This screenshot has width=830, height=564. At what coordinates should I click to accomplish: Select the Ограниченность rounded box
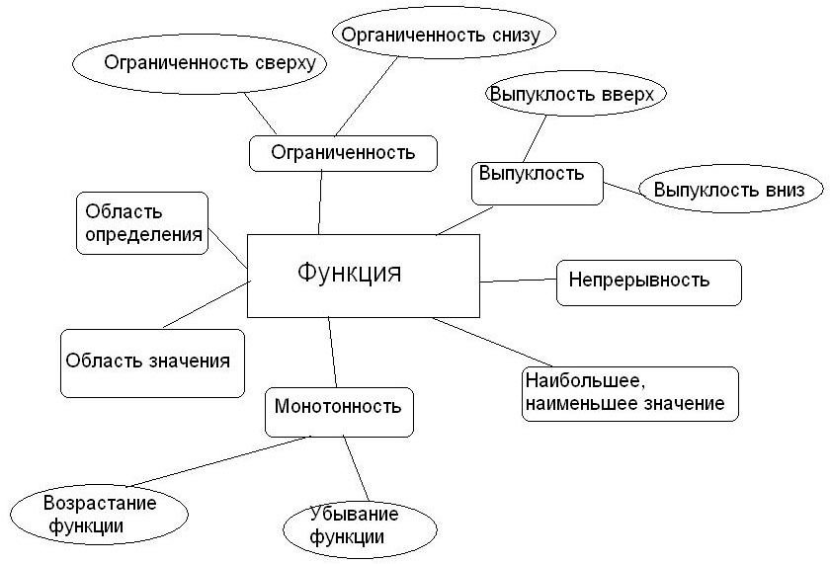[x=341, y=153]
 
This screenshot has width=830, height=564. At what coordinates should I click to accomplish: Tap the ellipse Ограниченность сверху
[x=200, y=64]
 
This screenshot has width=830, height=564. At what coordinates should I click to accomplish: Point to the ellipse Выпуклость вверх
[x=576, y=95]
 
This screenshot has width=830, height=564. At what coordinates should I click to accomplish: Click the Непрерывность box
[x=648, y=281]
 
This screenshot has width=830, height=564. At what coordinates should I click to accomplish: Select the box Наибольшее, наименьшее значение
[x=629, y=393]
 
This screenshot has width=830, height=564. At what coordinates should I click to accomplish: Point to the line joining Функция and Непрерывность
[x=519, y=281]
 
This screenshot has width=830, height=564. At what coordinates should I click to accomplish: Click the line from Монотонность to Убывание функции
[x=356, y=469]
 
